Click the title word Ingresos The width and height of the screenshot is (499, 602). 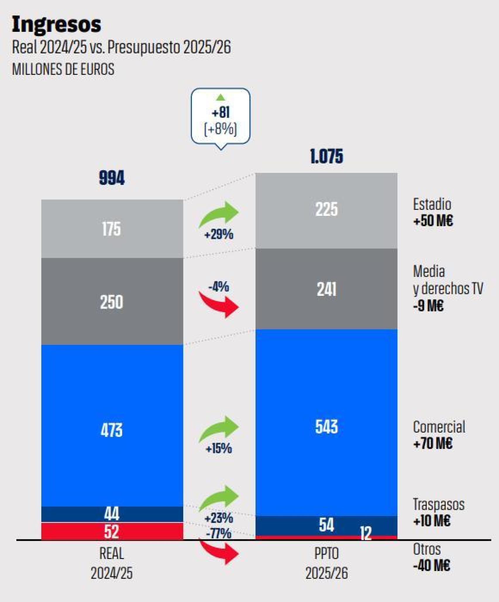click(x=56, y=25)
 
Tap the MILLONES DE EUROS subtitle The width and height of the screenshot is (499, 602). click(x=63, y=69)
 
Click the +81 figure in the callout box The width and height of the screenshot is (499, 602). click(x=221, y=113)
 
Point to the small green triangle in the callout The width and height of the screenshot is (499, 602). click(x=221, y=97)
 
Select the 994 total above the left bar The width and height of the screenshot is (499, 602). click(x=112, y=178)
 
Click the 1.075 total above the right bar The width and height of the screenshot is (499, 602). click(x=326, y=156)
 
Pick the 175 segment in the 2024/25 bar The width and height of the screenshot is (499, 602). click(x=112, y=229)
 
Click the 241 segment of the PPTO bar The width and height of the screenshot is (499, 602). click(x=326, y=290)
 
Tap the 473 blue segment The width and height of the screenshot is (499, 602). click(x=112, y=430)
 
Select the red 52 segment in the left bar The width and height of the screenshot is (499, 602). click(x=112, y=532)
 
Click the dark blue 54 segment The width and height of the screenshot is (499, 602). click(x=326, y=525)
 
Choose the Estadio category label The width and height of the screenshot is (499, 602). click(x=432, y=204)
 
